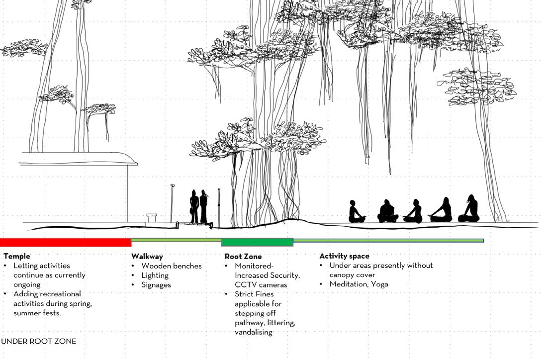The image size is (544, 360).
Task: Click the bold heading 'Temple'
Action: click(16, 257)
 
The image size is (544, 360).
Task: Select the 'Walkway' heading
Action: click(147, 257)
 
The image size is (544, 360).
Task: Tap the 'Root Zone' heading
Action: click(243, 257)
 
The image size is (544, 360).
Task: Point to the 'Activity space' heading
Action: click(344, 256)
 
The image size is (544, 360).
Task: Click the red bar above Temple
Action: click(65, 242)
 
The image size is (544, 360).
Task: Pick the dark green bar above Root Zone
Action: click(257, 242)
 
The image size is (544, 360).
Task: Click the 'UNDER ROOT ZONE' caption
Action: click(39, 342)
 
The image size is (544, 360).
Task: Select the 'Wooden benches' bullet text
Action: click(171, 266)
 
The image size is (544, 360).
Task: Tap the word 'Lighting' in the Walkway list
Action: click(155, 275)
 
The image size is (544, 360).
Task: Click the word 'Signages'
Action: click(156, 285)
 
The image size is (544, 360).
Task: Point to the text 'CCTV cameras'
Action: click(261, 285)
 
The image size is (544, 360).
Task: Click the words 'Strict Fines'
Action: click(254, 294)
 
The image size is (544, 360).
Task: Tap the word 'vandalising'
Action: click(254, 332)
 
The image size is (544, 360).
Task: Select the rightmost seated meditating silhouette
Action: click(469, 209)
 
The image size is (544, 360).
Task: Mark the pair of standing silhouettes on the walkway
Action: click(198, 206)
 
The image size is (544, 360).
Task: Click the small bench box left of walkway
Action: click(152, 218)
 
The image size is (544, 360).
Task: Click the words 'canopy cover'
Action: click(352, 275)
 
